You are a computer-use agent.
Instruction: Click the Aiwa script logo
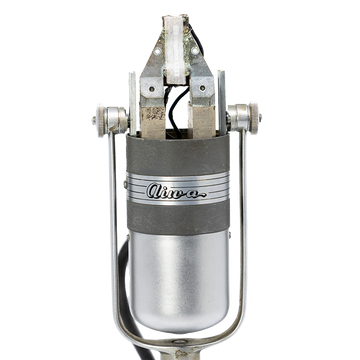175,191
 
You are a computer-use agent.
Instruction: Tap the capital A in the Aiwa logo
153,190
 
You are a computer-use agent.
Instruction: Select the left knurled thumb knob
101,120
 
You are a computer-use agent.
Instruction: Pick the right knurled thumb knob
254,118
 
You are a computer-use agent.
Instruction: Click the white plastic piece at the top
175,49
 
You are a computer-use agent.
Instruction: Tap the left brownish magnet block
153,121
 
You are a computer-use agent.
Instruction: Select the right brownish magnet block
201,119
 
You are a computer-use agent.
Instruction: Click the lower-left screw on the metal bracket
152,89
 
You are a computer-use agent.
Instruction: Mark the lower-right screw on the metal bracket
202,88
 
